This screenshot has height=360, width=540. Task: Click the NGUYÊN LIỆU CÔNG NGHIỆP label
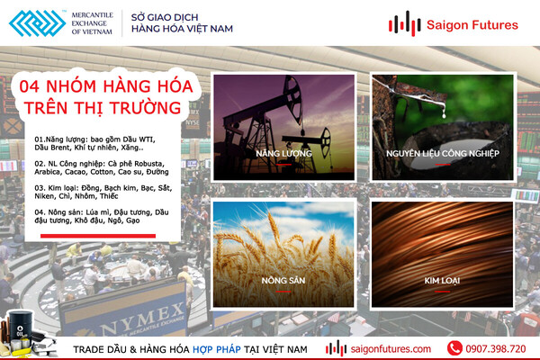coord(442,154)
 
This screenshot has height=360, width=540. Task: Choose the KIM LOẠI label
coord(442,281)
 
